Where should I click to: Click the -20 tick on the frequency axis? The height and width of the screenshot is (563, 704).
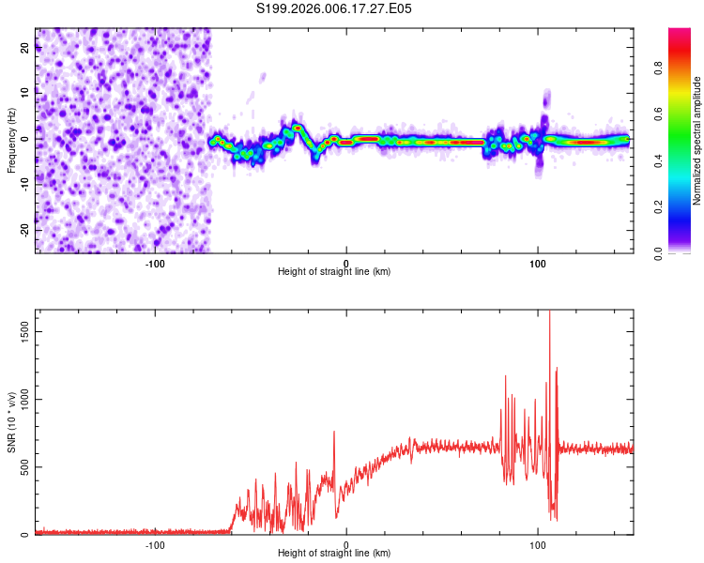click(25, 229)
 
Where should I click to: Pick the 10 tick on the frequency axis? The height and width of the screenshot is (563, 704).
click(25, 93)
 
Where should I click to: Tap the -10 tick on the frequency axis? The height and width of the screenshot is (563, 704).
click(25, 184)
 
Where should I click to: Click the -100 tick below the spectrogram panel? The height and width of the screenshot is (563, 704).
click(155, 263)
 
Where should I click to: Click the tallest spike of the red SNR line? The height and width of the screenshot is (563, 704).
click(550, 313)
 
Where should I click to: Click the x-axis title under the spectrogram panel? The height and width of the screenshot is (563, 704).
click(334, 272)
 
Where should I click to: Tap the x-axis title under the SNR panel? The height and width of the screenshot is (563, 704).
click(334, 554)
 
